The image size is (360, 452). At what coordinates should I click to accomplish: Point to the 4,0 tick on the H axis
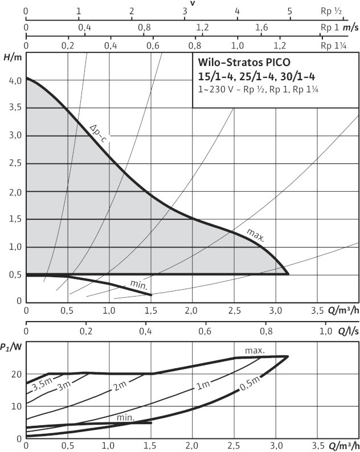point(15,81)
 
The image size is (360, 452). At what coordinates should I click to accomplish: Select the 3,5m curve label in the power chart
point(41,387)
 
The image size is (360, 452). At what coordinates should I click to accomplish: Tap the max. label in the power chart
point(255,351)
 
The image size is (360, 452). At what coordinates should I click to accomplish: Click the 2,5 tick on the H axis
point(15,164)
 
